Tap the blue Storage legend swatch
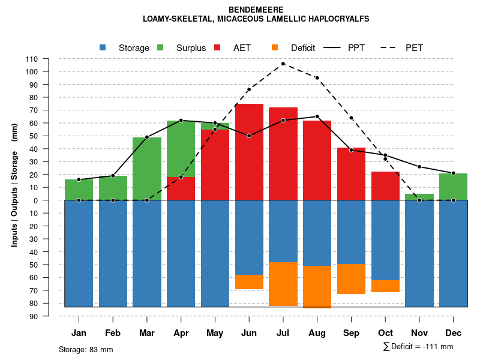tap(103, 47)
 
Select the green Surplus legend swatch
tap(160, 47)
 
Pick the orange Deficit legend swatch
tap(275, 47)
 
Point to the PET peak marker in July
tap(283, 64)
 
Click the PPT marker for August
tap(317, 116)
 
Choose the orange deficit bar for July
tap(283, 284)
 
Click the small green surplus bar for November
tap(419, 197)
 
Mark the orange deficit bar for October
tap(385, 286)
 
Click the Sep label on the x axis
tap(351, 333)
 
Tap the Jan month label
tap(79, 333)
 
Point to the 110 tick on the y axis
tap(32, 59)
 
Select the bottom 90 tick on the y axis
tap(34, 316)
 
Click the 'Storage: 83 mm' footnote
tap(86, 349)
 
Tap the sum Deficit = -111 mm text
tap(418, 347)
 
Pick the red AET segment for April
tap(181, 188)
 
